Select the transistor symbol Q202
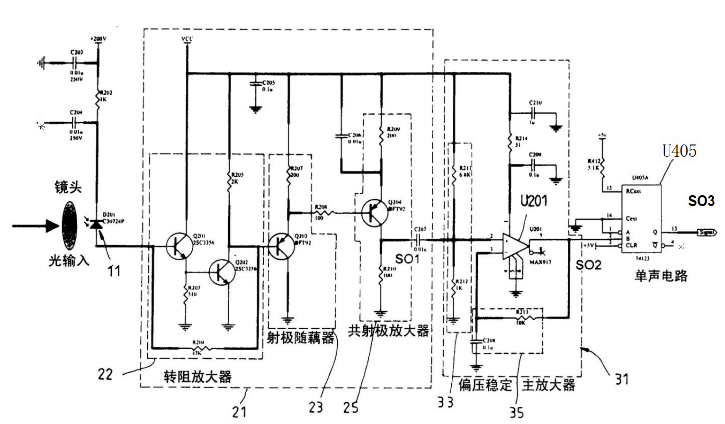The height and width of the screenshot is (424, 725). [x=222, y=272]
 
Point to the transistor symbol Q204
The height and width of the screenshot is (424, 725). [x=374, y=213]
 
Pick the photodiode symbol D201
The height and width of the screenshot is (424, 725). [x=97, y=223]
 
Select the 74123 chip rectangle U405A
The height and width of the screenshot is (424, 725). [x=641, y=218]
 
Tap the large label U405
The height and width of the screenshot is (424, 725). [x=679, y=151]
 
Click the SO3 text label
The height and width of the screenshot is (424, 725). [x=701, y=201]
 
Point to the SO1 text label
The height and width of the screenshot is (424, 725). [x=407, y=259]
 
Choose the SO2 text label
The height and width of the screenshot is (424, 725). [x=588, y=265]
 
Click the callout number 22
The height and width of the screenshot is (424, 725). [x=105, y=374]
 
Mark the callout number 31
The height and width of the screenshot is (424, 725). [x=622, y=379]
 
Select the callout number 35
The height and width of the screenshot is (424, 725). [x=517, y=412]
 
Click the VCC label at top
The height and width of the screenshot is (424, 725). [x=187, y=39]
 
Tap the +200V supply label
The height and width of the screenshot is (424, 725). [x=98, y=39]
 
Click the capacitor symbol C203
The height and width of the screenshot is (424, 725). [x=75, y=62]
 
